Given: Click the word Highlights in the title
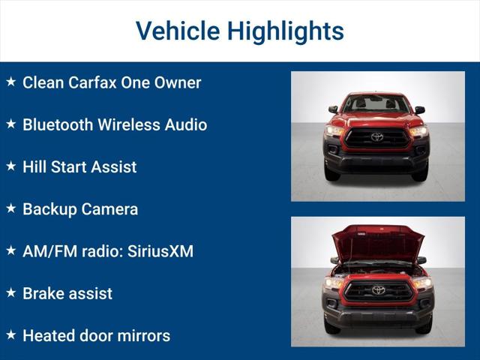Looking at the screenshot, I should pyautogui.click(x=285, y=31).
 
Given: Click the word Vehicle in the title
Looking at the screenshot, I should pyautogui.click(x=178, y=31).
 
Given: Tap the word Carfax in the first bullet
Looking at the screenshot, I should pyautogui.click(x=93, y=82).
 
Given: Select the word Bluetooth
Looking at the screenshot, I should pyautogui.click(x=59, y=124).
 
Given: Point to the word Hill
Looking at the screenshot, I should pyautogui.click(x=34, y=166).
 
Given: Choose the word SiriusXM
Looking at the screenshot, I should pyautogui.click(x=159, y=251).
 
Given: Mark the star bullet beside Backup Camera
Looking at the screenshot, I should pyautogui.click(x=11, y=208).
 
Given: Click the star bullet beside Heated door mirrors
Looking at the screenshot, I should pyautogui.click(x=11, y=334).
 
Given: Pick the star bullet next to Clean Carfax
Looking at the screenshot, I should pyautogui.click(x=11, y=81).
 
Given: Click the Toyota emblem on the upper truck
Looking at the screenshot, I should pyautogui.click(x=376, y=137).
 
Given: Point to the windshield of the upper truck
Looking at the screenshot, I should pyautogui.click(x=376, y=104).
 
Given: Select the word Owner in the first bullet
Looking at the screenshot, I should pyautogui.click(x=177, y=82).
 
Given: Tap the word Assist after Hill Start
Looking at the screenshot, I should pyautogui.click(x=114, y=166).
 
